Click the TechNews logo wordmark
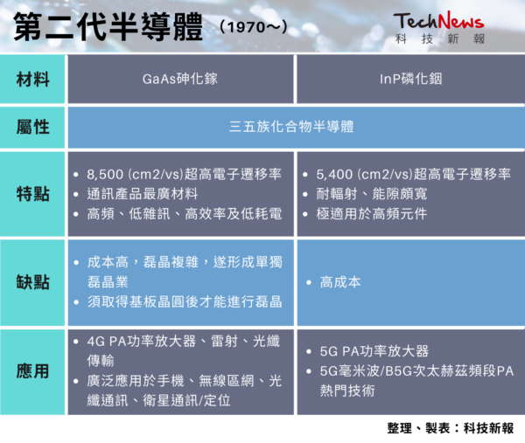[438, 21]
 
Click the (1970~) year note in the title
[254, 27]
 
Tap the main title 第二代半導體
[108, 27]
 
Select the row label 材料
[33, 80]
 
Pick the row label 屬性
[33, 127]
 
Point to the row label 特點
[33, 194]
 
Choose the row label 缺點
[33, 282]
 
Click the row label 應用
[33, 371]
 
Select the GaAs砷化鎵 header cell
[180, 79]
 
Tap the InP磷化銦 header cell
[411, 79]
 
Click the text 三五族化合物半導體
[291, 127]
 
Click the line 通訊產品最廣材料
[143, 194]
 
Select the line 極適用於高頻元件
[372, 214]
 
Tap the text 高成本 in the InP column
[340, 282]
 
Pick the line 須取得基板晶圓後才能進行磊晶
[185, 301]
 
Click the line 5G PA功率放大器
[374, 351]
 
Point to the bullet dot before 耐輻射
[305, 194]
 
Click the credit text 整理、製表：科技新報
[451, 428]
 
